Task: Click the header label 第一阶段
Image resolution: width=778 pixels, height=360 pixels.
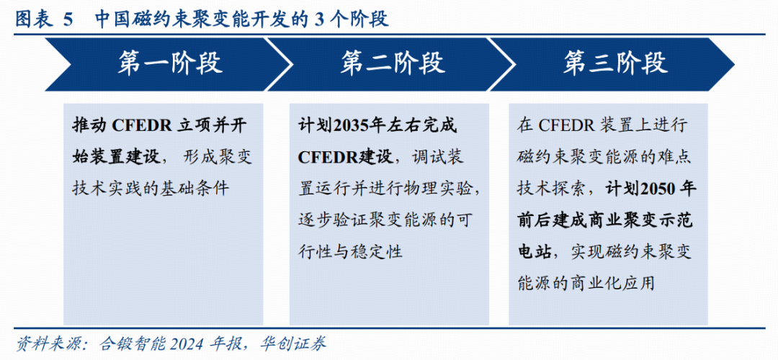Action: pyautogui.click(x=170, y=64)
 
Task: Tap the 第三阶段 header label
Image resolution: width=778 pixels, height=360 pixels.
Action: pyautogui.click(x=615, y=64)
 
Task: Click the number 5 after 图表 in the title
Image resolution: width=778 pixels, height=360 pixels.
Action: pyautogui.click(x=68, y=19)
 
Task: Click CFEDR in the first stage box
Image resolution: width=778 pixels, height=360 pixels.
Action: pyautogui.click(x=141, y=126)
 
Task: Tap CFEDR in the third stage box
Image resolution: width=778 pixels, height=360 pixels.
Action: pyautogui.click(x=565, y=126)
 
